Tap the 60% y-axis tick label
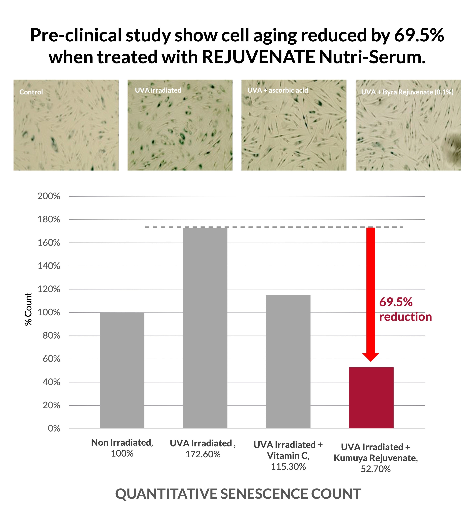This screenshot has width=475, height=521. coord(51,359)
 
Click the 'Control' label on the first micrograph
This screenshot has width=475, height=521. coord(31,92)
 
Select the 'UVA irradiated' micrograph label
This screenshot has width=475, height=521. coord(158,90)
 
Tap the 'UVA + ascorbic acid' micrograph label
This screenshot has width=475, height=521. coord(278,90)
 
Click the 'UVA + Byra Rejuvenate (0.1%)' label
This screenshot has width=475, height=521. coord(407,92)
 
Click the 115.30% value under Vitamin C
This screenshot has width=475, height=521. coord(288,467)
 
